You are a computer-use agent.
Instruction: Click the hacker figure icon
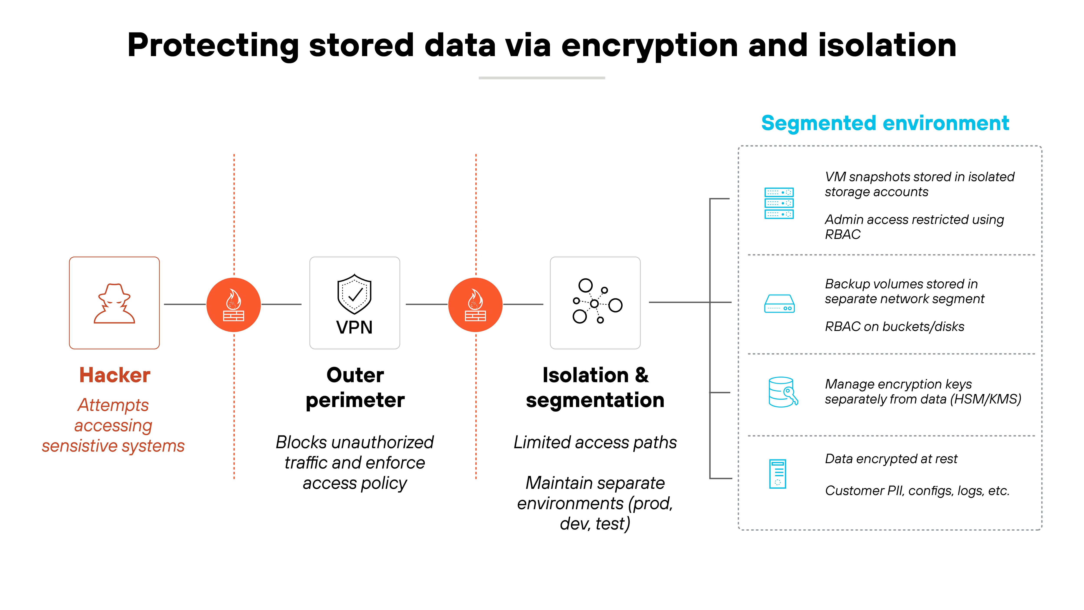point(114,304)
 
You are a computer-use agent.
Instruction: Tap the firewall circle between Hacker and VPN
point(233,304)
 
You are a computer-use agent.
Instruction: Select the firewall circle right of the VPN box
point(475,304)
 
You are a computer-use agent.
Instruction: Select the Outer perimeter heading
point(355,387)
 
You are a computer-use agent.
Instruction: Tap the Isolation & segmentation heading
point(595,387)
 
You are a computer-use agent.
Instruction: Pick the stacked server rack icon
point(779,203)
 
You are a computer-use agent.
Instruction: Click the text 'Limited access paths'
point(595,442)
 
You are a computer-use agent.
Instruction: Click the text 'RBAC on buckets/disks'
point(894,327)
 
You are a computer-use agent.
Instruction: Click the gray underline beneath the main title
point(542,78)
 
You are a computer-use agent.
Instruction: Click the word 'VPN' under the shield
point(354,327)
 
